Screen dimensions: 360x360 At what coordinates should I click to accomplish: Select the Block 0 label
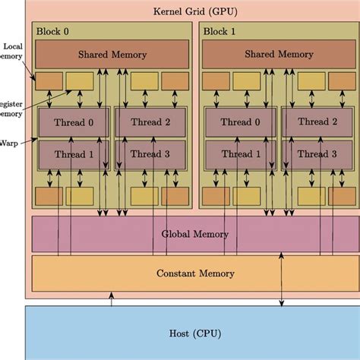[x=53, y=32]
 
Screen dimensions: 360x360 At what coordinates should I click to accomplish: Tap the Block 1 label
[x=220, y=32]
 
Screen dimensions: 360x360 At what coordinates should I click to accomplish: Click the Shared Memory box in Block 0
[x=112, y=55]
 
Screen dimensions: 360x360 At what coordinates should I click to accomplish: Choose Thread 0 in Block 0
[x=74, y=122]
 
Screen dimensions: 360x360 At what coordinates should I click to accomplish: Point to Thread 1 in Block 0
[x=74, y=154]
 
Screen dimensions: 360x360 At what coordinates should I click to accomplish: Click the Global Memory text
[x=195, y=234]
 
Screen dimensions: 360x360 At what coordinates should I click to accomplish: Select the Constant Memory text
[x=195, y=273]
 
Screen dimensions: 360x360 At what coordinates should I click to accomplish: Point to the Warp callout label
[x=10, y=142]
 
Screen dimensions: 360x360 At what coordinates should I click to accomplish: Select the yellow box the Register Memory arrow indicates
[x=80, y=80]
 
